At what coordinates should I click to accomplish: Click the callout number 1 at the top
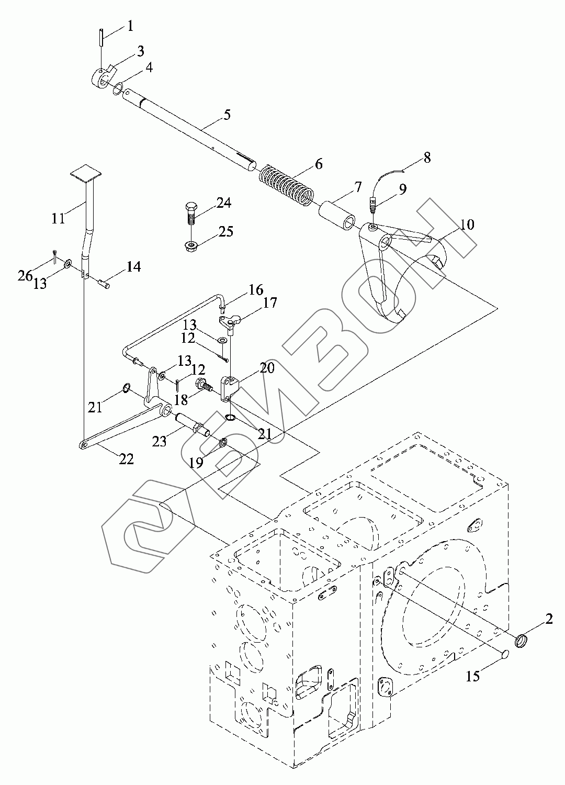[130, 26]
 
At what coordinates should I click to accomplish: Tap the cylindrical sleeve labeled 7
[337, 215]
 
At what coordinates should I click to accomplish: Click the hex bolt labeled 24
[191, 214]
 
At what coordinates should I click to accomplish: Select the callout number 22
[127, 459]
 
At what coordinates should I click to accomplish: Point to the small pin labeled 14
[103, 282]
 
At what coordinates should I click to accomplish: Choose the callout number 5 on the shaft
[227, 115]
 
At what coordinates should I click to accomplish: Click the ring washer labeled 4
[118, 88]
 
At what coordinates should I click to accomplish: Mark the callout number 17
[270, 302]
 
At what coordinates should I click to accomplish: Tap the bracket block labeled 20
[230, 389]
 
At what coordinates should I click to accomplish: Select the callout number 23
[160, 442]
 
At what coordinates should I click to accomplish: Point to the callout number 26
[25, 276]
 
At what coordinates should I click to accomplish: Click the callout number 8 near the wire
[427, 158]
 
